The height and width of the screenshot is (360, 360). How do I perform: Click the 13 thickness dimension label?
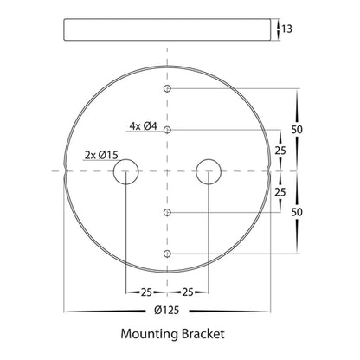(x=286, y=29)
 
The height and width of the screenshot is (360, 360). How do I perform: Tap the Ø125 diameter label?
(x=167, y=311)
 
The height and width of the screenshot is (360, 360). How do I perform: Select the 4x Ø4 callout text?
(x=143, y=126)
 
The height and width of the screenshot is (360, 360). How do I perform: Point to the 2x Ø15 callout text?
(x=101, y=155)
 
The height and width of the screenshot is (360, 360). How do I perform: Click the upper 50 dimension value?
(x=297, y=130)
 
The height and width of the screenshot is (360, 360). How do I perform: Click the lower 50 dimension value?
(x=297, y=212)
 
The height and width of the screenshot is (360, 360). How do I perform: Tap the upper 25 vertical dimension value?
(x=280, y=151)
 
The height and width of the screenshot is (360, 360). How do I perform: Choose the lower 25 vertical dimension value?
(x=280, y=192)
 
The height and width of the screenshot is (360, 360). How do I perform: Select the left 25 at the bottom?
(x=146, y=292)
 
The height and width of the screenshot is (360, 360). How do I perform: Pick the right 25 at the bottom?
(x=188, y=292)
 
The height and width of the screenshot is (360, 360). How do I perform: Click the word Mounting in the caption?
(x=150, y=334)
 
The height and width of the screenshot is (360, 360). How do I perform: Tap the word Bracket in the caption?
(x=203, y=334)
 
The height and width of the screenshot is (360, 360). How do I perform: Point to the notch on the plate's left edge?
(x=66, y=171)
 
